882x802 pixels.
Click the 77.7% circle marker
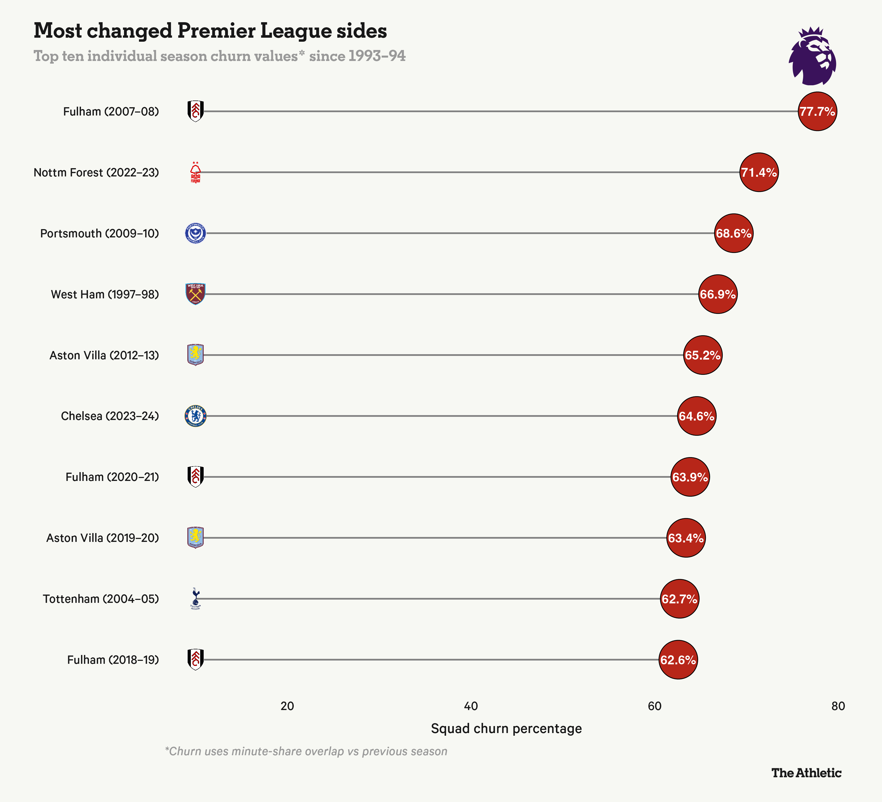click(x=817, y=111)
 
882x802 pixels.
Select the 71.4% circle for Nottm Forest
click(x=759, y=172)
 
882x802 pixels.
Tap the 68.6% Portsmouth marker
click(x=734, y=233)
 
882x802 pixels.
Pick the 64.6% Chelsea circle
click(x=697, y=416)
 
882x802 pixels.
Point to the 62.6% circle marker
click(x=678, y=660)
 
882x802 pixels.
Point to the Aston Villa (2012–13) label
click(x=104, y=355)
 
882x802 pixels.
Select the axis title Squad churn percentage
click(x=506, y=728)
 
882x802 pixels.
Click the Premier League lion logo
click(x=813, y=56)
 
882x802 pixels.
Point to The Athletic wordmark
click(x=806, y=773)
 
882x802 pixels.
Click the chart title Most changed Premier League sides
click(x=210, y=31)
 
